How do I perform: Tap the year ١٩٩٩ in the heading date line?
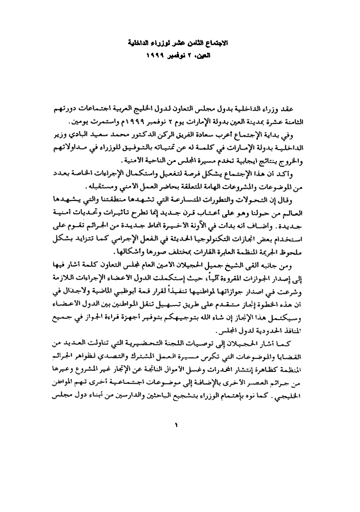coord(157,56)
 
